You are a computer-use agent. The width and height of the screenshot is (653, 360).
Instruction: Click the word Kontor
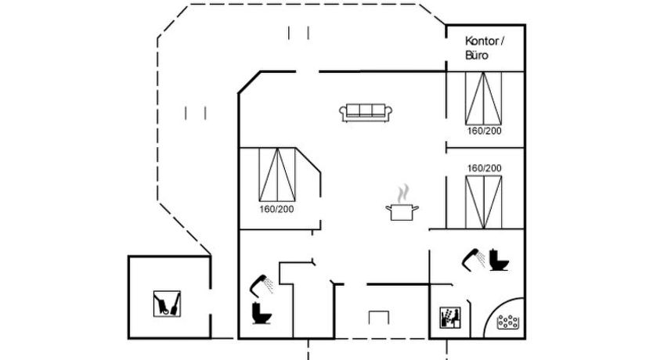tap(482, 41)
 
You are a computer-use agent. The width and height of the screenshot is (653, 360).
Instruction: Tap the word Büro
tap(476, 55)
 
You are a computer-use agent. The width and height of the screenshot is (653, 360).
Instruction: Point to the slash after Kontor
tap(503, 41)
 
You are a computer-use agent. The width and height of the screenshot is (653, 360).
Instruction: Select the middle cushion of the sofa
tap(365, 110)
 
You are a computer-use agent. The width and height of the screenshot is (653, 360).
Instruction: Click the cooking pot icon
tap(402, 212)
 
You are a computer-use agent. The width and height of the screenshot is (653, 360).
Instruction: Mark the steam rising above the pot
tap(402, 194)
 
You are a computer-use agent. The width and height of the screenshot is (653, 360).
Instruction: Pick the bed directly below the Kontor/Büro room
tap(484, 99)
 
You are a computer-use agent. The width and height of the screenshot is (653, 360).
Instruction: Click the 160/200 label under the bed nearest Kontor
tap(485, 131)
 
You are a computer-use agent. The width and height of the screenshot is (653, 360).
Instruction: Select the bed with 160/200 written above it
tap(484, 202)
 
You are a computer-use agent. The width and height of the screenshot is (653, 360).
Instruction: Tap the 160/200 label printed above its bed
tap(485, 168)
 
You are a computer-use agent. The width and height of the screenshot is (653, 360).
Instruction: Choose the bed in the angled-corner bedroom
tap(277, 175)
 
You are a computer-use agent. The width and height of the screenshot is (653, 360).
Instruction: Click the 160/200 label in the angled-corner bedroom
tap(276, 209)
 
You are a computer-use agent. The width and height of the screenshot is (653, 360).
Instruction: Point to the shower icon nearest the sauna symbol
tap(474, 259)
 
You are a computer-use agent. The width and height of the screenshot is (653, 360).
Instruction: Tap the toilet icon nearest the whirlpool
tap(499, 260)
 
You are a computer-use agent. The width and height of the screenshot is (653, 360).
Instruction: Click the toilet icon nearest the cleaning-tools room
tap(262, 313)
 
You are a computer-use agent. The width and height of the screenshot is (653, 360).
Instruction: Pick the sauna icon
tap(450, 318)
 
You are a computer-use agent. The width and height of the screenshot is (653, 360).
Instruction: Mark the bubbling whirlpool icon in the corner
tap(508, 322)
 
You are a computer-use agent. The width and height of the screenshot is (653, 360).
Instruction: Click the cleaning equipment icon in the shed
tap(167, 304)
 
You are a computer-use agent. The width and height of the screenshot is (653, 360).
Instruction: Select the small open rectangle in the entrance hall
tap(379, 317)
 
